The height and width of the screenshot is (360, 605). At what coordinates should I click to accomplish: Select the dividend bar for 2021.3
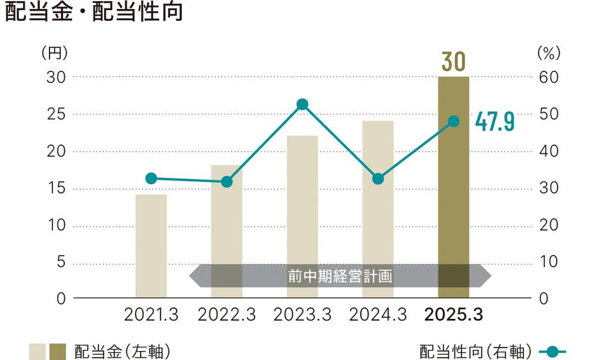pyautogui.click(x=151, y=246)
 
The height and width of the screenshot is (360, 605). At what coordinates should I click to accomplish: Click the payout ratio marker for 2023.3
pyautogui.click(x=302, y=104)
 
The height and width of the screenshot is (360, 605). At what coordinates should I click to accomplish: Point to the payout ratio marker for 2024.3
pyautogui.click(x=377, y=178)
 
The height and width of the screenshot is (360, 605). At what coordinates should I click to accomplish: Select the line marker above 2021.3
pyautogui.click(x=151, y=178)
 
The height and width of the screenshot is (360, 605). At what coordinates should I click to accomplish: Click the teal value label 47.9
pyautogui.click(x=494, y=122)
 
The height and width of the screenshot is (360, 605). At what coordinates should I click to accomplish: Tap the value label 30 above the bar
pyautogui.click(x=453, y=62)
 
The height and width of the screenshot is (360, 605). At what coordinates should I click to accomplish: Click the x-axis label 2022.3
pyautogui.click(x=227, y=315)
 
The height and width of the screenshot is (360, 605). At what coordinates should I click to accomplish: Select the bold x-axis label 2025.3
pyautogui.click(x=453, y=315)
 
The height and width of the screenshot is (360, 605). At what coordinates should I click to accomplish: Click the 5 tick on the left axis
pyautogui.click(x=60, y=262)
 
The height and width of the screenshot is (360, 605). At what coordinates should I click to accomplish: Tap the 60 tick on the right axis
pyautogui.click(x=548, y=77)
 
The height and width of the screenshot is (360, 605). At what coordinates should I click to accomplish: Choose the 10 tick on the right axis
pyautogui.click(x=548, y=262)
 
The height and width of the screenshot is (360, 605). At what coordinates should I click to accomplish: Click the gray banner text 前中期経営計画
pyautogui.click(x=339, y=277)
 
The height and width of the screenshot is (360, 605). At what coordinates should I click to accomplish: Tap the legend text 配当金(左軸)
pyautogui.click(x=122, y=352)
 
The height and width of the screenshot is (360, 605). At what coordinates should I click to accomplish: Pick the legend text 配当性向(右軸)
pyautogui.click(x=474, y=352)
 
